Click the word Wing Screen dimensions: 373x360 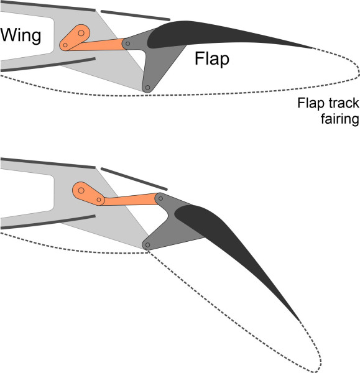21,35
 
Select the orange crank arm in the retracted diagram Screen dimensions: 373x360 73,38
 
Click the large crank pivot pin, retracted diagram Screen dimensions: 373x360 81,32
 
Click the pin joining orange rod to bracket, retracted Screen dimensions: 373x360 127,43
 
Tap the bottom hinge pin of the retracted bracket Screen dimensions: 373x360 147,88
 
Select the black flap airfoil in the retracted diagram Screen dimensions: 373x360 205,34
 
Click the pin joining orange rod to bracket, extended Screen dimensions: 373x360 160,198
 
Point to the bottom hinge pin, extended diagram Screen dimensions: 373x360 147,245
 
